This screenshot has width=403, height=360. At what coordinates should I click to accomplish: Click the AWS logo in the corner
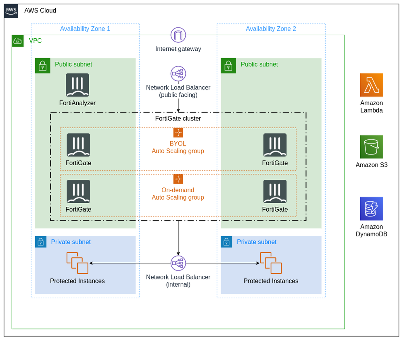pyautogui.click(x=11, y=11)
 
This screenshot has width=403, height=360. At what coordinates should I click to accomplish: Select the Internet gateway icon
pyautogui.click(x=178, y=35)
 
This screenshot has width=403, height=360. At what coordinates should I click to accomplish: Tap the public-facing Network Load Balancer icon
pyautogui.click(x=178, y=74)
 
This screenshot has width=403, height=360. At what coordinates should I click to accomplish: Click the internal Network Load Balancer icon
pyautogui.click(x=178, y=263)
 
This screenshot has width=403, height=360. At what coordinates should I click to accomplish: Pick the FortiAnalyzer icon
pyautogui.click(x=77, y=85)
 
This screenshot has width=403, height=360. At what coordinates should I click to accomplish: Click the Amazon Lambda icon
pyautogui.click(x=371, y=85)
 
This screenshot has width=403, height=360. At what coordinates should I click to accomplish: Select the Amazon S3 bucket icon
pyautogui.click(x=371, y=147)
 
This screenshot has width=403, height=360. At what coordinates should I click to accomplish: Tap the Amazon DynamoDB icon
pyautogui.click(x=371, y=209)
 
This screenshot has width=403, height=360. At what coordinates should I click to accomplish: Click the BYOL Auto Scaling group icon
pyautogui.click(x=178, y=133)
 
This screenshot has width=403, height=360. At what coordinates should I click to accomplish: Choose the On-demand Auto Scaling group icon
pyautogui.click(x=178, y=179)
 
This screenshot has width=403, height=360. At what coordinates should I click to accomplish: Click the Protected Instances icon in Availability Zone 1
pyautogui.click(x=77, y=263)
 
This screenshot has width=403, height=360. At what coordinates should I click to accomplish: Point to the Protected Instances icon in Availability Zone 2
pyautogui.click(x=271, y=263)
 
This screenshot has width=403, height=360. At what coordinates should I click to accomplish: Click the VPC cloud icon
pyautogui.click(x=18, y=41)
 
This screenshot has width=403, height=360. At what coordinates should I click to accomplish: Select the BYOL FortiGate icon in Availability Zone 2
pyautogui.click(x=275, y=145)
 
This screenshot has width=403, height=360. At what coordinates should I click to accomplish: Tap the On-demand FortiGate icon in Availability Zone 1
pyautogui.click(x=78, y=191)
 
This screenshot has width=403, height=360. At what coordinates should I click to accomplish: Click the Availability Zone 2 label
pyautogui.click(x=271, y=29)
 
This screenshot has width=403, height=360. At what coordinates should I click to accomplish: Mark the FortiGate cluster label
pyautogui.click(x=178, y=119)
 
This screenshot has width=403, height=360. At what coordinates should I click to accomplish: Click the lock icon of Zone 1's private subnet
pyautogui.click(x=41, y=242)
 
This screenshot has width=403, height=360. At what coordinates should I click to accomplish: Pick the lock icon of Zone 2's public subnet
pyautogui.click(x=228, y=66)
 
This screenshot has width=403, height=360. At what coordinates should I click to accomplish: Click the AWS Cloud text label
pyautogui.click(x=40, y=11)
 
